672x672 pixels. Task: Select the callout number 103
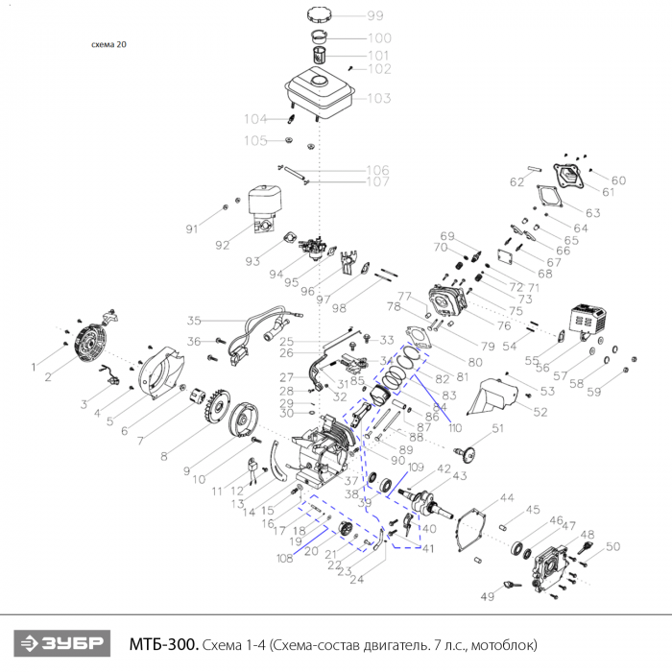point(378,99)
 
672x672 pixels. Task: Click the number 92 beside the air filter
point(223,245)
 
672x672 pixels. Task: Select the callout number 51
point(497,428)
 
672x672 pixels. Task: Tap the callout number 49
point(487,597)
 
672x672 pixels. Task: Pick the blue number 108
point(284,558)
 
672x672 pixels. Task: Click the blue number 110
point(455,426)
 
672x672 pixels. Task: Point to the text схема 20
point(108,44)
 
